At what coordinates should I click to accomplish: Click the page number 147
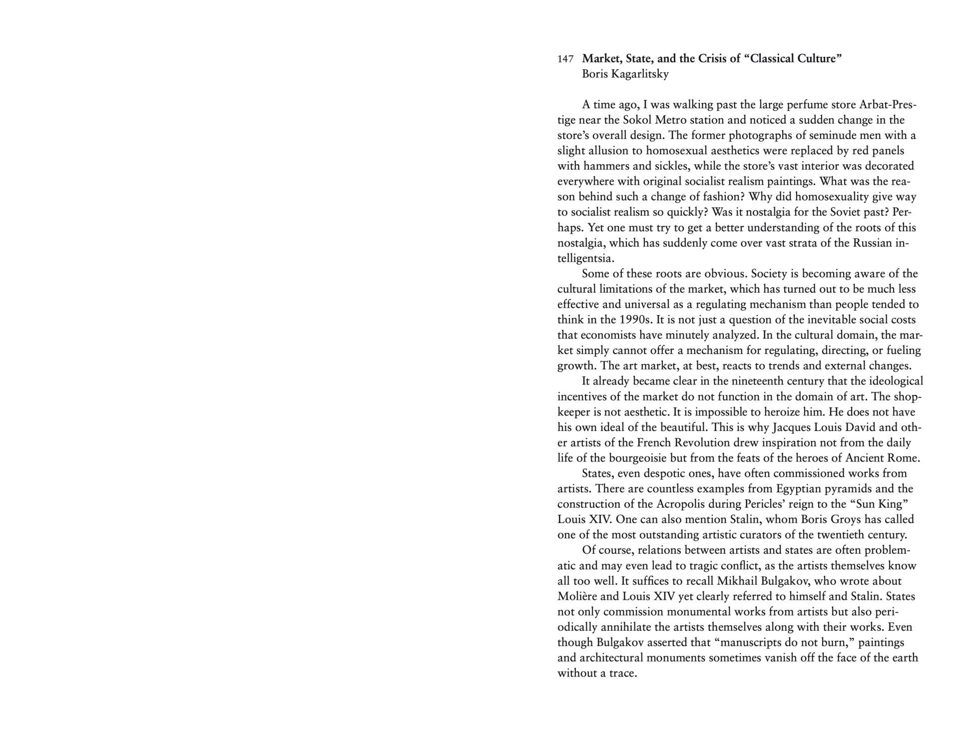pyautogui.click(x=565, y=59)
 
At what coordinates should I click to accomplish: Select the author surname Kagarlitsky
pyautogui.click(x=636, y=74)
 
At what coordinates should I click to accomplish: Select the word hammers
pyautogui.click(x=600, y=166)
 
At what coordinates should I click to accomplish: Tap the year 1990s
pyautogui.click(x=632, y=320)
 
